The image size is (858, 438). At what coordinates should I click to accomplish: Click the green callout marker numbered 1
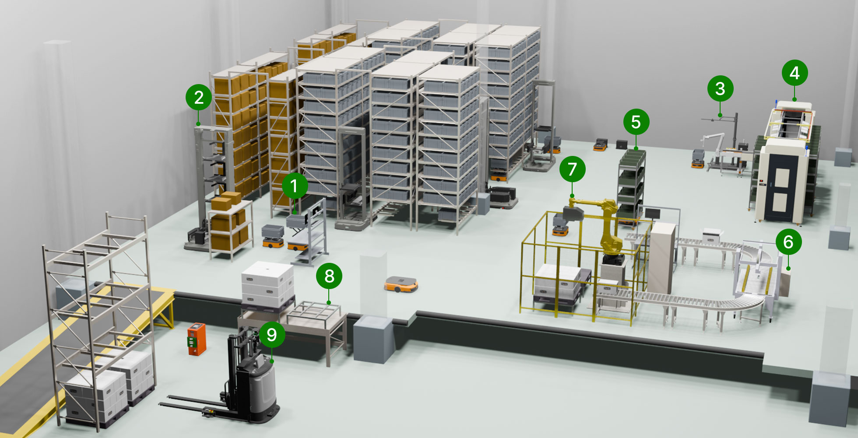[x=294, y=186]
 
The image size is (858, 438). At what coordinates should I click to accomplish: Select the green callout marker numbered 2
[x=199, y=97]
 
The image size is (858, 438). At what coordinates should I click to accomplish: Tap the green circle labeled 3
[x=720, y=89]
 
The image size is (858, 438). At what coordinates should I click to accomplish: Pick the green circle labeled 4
[x=795, y=73]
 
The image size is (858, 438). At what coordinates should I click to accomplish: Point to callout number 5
[x=636, y=122]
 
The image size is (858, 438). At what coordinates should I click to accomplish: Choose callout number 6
[x=788, y=242]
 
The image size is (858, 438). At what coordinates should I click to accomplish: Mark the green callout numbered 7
[x=572, y=169]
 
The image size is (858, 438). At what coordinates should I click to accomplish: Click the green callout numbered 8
[x=329, y=276]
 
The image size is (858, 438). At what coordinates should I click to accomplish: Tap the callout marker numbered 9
[x=272, y=335]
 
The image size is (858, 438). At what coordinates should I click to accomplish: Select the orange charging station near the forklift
[x=197, y=339]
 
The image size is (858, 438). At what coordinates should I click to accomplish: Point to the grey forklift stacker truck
[x=236, y=379]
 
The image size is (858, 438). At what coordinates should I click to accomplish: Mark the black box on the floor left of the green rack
[x=622, y=144]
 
